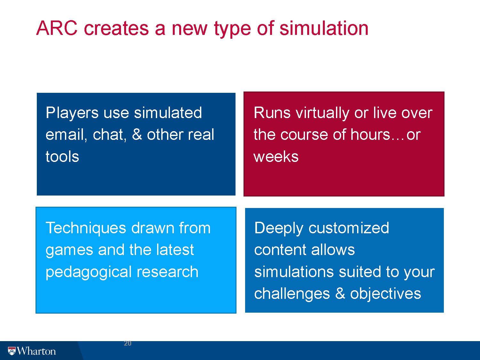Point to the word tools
(x=62, y=156)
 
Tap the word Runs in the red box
(x=272, y=113)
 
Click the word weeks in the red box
(x=276, y=156)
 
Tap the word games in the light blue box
(x=69, y=251)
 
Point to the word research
(x=167, y=272)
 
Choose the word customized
(x=349, y=228)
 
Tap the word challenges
(x=292, y=294)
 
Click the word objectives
(x=386, y=294)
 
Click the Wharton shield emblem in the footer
(x=12, y=351)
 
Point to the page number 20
(x=128, y=343)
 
